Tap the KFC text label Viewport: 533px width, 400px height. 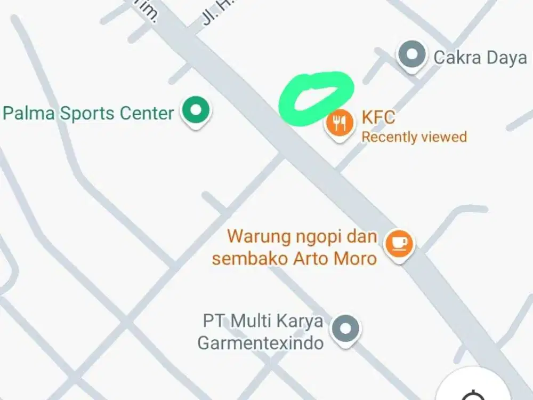point(378,117)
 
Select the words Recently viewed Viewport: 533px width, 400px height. point(414,137)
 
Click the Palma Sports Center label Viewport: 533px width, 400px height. point(88,113)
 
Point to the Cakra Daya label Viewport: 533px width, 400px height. point(480,58)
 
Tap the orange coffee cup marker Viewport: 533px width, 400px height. point(399,244)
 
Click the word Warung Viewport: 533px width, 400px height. point(258,236)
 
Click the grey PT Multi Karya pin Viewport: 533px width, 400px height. point(345,326)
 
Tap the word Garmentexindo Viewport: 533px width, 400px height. point(260,342)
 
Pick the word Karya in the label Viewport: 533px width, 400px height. point(300,322)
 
